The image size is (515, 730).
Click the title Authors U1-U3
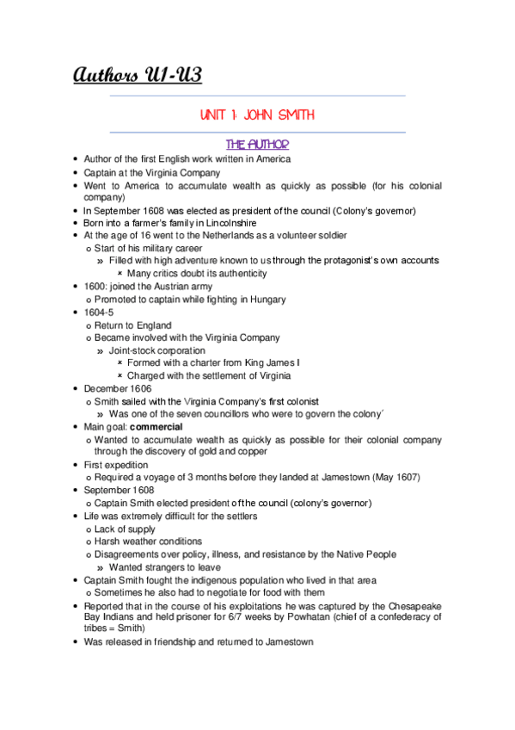(138, 76)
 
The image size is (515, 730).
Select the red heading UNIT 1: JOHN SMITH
(257, 114)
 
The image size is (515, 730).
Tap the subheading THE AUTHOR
(257, 144)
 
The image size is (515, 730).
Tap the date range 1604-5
(98, 312)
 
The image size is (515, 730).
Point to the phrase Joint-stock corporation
(156, 350)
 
